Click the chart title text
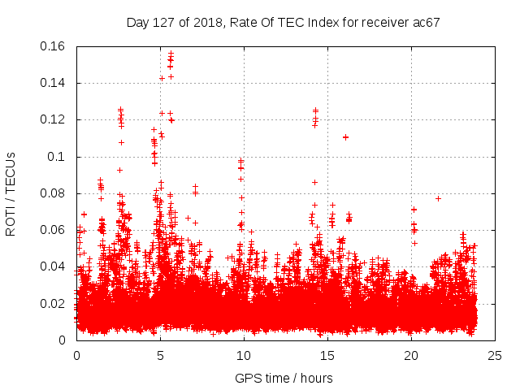(x=283, y=22)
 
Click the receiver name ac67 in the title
(x=425, y=22)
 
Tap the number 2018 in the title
(x=209, y=22)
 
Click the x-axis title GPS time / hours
(x=284, y=378)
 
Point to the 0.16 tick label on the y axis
(x=54, y=46)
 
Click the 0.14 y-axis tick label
(x=54, y=83)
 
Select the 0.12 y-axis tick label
(x=54, y=119)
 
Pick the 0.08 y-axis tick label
(x=54, y=193)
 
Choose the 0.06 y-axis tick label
(x=54, y=230)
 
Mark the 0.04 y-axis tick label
(x=54, y=266)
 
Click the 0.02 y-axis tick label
(x=54, y=304)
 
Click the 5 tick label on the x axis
(x=160, y=355)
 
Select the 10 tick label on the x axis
(x=244, y=355)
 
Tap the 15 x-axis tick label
(x=327, y=355)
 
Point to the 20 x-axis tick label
(x=411, y=355)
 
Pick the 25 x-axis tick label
(x=495, y=355)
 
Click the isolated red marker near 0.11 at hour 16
(x=345, y=137)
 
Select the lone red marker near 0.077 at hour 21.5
(x=438, y=198)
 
